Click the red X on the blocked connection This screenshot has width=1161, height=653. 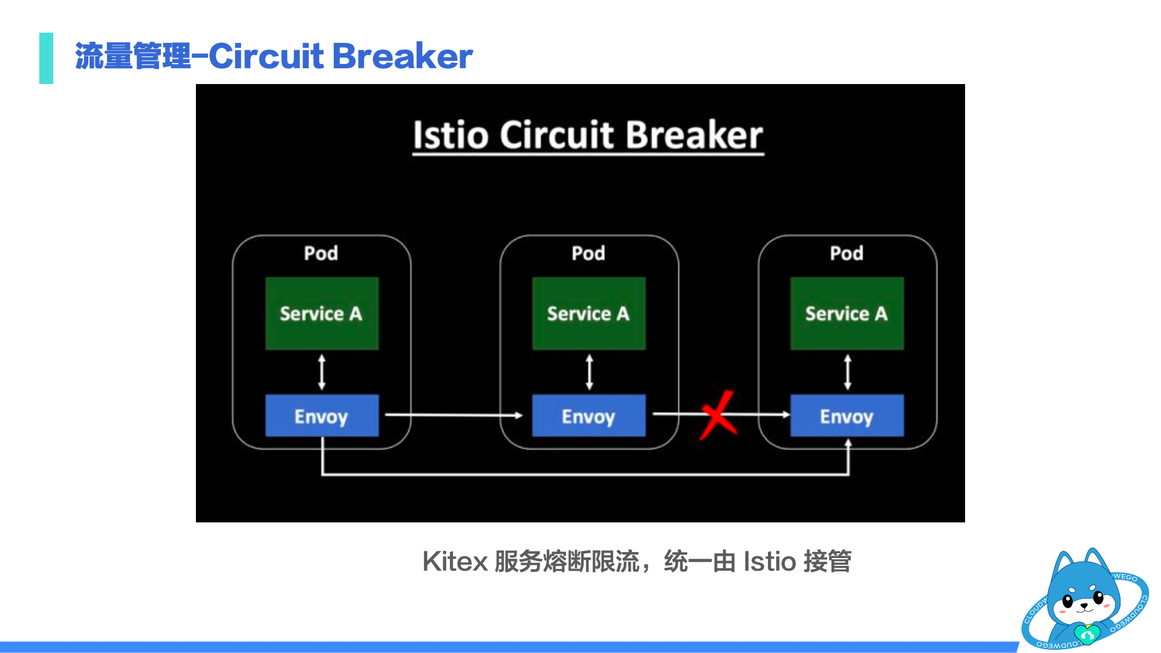tap(718, 415)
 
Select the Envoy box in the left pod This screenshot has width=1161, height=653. tap(322, 416)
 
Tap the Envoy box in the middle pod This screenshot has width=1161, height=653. tap(588, 416)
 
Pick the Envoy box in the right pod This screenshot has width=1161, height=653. tap(847, 416)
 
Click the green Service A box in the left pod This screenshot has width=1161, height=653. tap(322, 313)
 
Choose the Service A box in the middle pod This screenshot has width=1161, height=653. tap(588, 313)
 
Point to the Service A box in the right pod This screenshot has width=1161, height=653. tap(847, 313)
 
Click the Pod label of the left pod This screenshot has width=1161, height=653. tap(320, 253)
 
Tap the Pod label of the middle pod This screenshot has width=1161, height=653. tap(588, 253)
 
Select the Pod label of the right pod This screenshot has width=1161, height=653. tap(847, 253)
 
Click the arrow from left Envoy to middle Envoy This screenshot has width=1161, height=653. tap(454, 415)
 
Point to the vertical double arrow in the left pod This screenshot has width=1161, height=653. tap(322, 372)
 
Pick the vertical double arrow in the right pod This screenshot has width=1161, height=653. tap(847, 372)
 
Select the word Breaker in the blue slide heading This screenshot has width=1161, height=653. tap(402, 56)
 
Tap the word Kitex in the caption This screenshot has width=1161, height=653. tap(455, 561)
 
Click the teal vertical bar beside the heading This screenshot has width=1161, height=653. tap(46, 58)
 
